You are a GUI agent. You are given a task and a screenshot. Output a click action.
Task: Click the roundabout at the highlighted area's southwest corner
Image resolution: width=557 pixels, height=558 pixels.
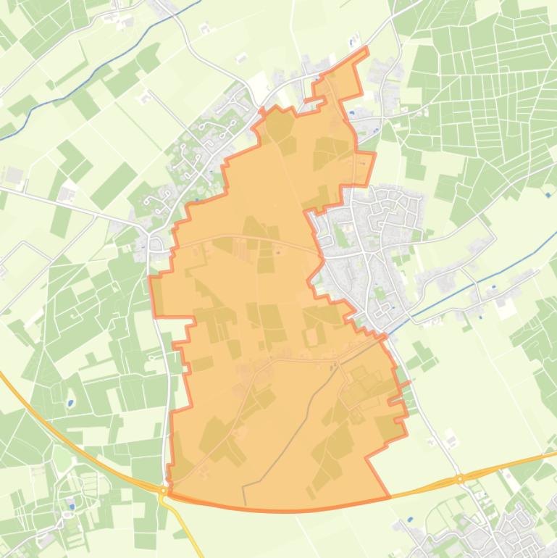pyautogui.click(x=164, y=491)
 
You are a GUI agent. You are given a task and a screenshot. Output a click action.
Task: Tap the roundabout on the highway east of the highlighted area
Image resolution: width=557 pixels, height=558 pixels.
pyautogui.click(x=460, y=478)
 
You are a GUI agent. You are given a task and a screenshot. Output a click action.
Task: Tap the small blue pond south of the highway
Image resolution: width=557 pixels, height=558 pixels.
pyautogui.click(x=411, y=520)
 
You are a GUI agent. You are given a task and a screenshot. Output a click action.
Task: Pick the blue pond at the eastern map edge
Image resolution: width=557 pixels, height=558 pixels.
pyautogui.click(x=547, y=194)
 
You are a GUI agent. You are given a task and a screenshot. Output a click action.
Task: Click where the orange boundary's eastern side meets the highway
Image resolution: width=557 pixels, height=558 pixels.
pyautogui.click(x=390, y=497)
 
